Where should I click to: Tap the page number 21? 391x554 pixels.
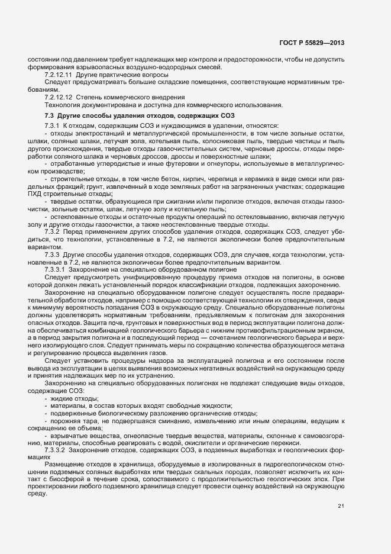click(x=341, y=505)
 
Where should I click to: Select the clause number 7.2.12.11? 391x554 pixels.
click(x=59, y=76)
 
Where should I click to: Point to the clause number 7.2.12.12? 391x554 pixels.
click(x=59, y=96)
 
